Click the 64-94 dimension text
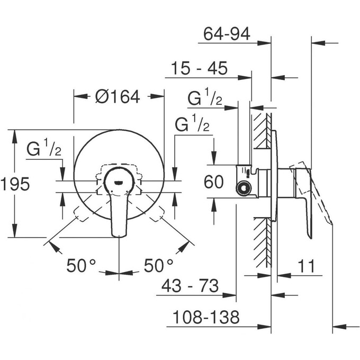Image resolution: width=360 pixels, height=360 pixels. (x=227, y=35)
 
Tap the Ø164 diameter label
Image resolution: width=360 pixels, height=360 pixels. (x=118, y=96)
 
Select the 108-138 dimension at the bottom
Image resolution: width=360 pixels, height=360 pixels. (x=206, y=318)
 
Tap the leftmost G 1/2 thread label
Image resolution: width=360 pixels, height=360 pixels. (x=44, y=150)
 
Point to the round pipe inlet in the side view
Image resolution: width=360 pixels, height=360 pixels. (x=243, y=187)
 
